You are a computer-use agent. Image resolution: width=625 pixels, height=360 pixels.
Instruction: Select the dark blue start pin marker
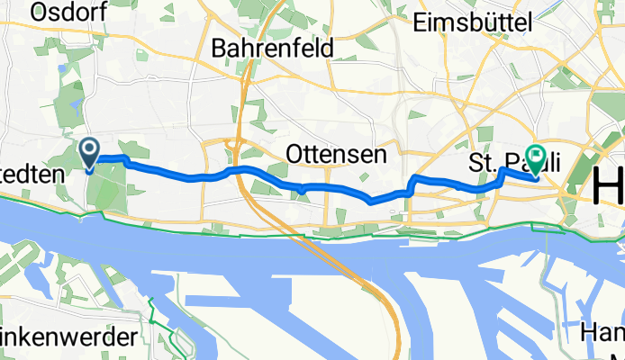pyautogui.click(x=90, y=153)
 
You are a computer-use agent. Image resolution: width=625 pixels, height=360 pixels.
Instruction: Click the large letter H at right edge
pyautogui.click(x=609, y=189)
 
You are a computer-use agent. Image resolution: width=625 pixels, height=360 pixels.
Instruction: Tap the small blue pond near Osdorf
pyautogui.click(x=60, y=68)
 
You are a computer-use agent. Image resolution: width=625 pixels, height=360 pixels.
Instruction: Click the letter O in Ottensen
pyautogui.click(x=294, y=155)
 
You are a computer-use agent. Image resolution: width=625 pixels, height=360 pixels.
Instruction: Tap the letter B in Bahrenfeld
pyautogui.click(x=219, y=48)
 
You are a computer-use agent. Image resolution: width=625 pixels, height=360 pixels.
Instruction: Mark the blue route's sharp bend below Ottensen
pyautogui.click(x=371, y=201)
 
